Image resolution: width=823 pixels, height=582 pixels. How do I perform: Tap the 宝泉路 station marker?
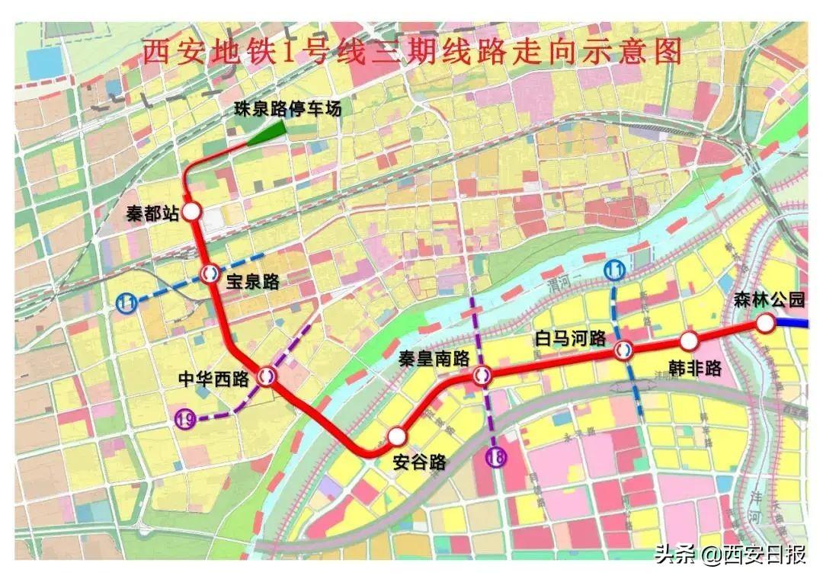[209, 273]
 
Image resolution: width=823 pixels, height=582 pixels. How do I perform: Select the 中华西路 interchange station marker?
[267, 376]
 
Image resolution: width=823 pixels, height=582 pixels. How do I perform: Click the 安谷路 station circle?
[396, 437]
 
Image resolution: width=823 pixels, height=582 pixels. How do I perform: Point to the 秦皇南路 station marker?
[482, 375]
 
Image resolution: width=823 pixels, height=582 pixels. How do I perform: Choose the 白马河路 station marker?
[623, 350]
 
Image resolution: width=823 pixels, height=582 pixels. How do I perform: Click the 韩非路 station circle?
[689, 341]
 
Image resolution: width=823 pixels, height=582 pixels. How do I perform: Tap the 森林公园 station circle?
[765, 324]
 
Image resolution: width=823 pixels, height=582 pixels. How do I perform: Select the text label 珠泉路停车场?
[287, 109]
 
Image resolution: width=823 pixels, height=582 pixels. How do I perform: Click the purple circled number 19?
[184, 417]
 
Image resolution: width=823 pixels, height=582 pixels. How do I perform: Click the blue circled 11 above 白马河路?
[614, 270]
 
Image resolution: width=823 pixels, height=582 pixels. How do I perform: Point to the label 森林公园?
[770, 300]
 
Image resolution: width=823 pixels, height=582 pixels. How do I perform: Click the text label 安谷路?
[419, 462]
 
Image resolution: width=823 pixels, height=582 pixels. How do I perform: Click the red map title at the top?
[412, 53]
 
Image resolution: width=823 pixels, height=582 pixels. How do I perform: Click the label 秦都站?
[152, 214]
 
